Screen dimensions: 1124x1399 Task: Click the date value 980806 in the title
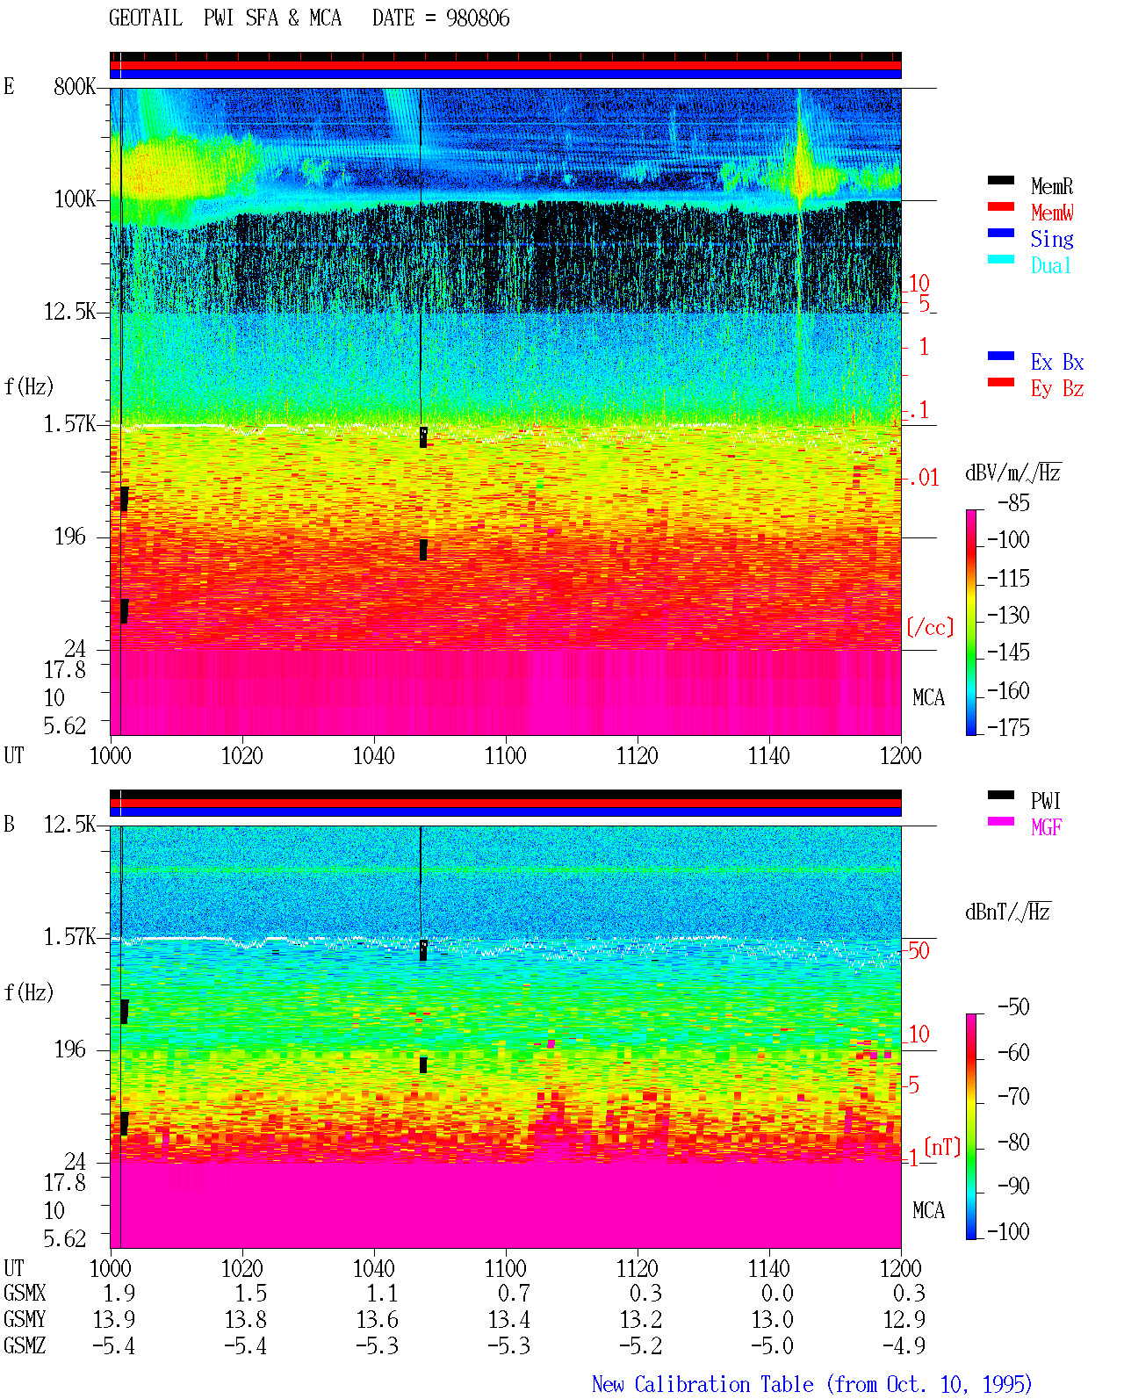pos(478,18)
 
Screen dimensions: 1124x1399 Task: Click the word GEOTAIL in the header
pos(146,18)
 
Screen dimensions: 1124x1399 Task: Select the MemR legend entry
pos(1052,186)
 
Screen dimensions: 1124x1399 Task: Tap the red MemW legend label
pos(1052,213)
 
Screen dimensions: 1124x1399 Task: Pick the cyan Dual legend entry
pos(1051,265)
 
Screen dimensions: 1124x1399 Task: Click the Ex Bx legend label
pos(1057,362)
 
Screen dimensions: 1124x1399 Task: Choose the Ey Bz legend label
pos(1057,389)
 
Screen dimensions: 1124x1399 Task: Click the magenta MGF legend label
pos(1046,827)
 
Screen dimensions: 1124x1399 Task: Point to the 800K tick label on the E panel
pos(75,86)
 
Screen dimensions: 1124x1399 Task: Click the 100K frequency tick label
pos(75,199)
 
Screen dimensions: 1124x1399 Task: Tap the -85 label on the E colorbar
pos(1013,502)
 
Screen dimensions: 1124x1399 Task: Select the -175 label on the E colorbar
pos(1008,727)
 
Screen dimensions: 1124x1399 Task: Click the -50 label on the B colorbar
pos(1013,1007)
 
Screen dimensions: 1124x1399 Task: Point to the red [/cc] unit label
pos(930,627)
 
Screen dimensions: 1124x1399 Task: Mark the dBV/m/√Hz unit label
pos(1013,472)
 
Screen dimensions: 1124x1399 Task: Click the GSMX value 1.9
pos(119,1293)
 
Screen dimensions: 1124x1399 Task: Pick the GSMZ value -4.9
pos(904,1345)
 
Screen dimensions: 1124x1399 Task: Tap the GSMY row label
pos(25,1319)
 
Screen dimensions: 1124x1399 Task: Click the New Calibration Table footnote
pos(812,1384)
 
